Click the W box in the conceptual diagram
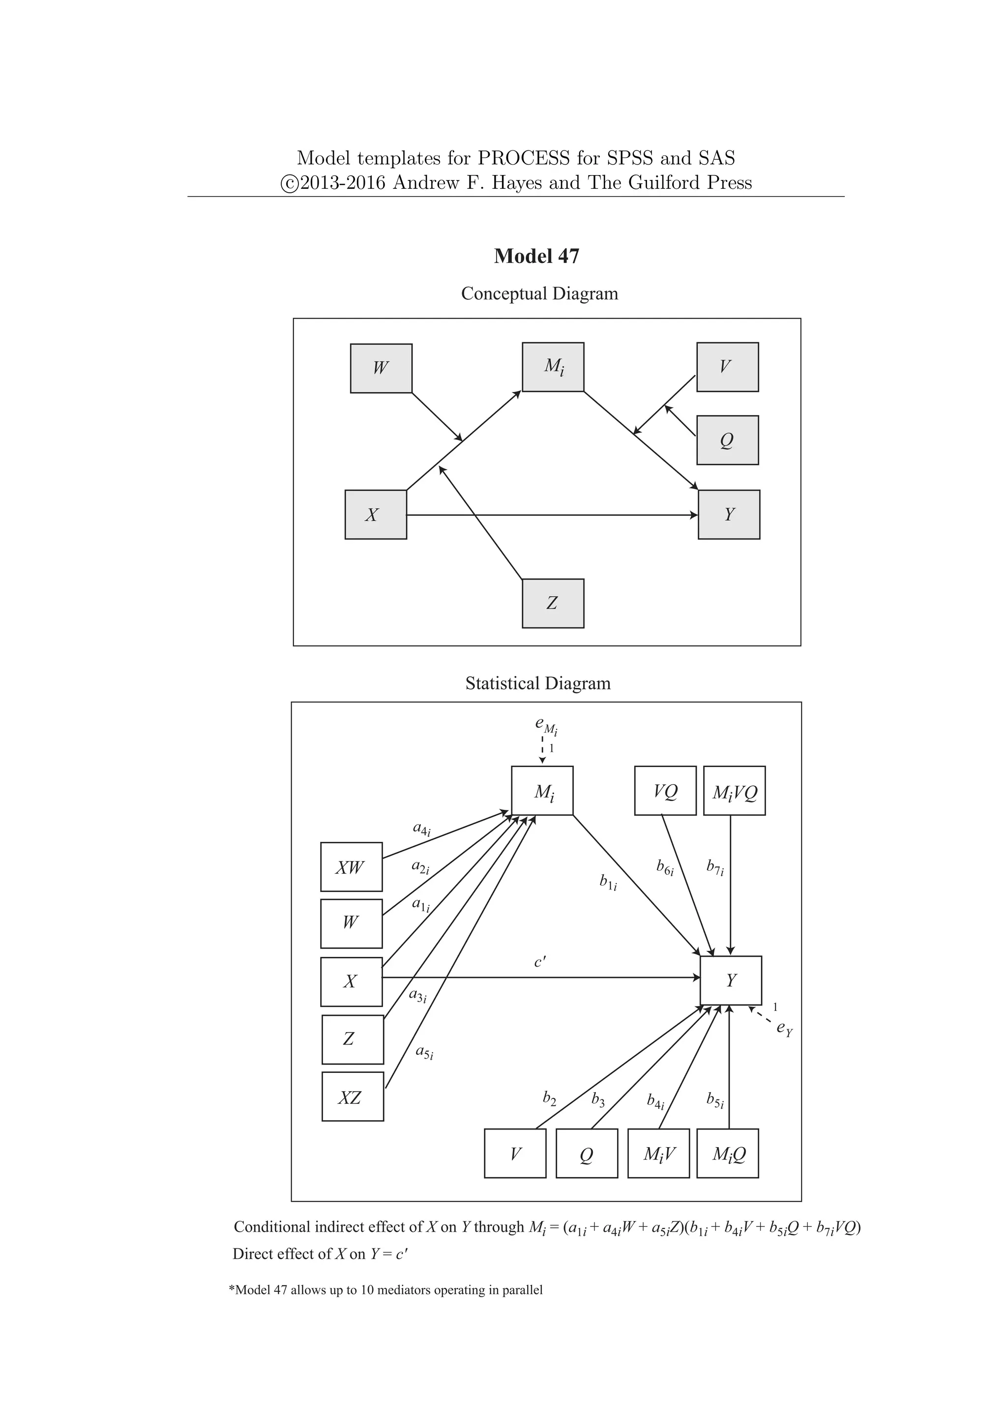[381, 368]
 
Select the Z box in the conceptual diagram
[553, 603]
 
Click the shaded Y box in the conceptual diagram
[729, 515]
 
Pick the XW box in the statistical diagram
[351, 867]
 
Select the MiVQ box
[734, 791]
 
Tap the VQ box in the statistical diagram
[665, 791]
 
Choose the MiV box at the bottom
[658, 1154]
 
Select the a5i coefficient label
[424, 1052]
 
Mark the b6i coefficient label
[665, 867]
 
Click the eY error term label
[784, 1028]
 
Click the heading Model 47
[536, 256]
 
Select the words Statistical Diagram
[537, 683]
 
